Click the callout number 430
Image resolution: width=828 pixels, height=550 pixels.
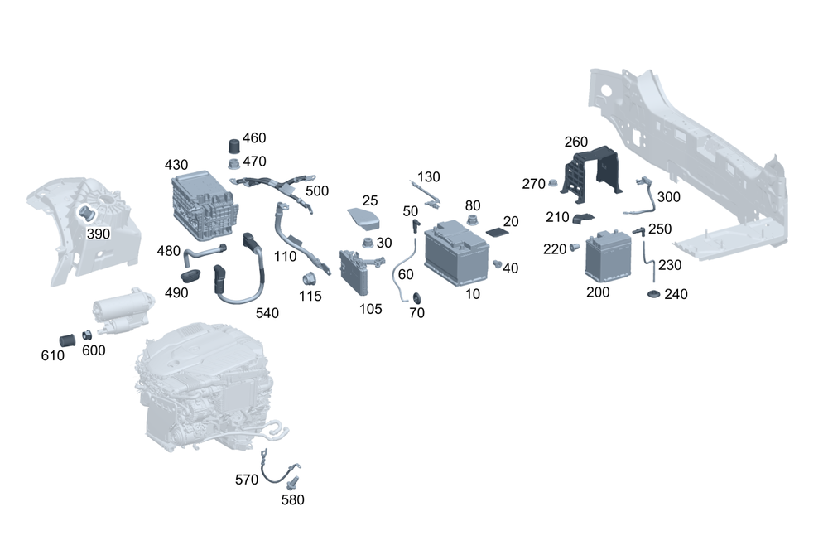pos(177,165)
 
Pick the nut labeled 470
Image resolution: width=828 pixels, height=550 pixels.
pos(234,162)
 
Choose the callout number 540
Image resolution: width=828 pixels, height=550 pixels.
pos(267,312)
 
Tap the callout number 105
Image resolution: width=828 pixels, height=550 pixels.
pos(371,309)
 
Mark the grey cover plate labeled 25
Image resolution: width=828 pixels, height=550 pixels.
pos(363,218)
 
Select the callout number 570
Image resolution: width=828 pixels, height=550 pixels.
pos(247,480)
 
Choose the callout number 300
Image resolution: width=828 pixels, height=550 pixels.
pos(668,196)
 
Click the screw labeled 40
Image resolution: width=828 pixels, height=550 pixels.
pos(498,264)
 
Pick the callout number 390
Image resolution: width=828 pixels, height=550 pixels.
pos(99,234)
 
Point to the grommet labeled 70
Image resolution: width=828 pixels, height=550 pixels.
pos(416,297)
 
